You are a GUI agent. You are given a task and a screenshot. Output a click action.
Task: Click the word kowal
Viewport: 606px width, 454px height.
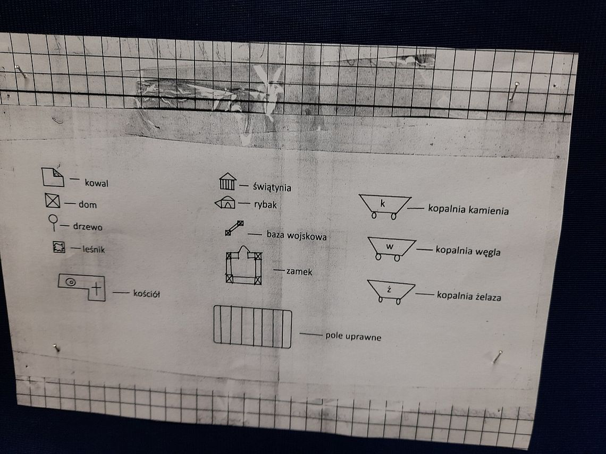97,183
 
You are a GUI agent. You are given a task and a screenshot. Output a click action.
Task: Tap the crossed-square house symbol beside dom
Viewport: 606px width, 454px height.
52,201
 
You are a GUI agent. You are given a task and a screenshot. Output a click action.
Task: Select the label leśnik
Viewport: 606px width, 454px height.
94,250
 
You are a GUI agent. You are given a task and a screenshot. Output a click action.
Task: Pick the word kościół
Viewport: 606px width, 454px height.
147,294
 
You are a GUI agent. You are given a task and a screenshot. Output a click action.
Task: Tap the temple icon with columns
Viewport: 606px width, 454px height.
228,182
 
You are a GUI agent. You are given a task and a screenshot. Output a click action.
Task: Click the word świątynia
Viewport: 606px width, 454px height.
272,187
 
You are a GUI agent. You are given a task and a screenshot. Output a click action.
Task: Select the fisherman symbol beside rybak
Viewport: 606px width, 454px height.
225,203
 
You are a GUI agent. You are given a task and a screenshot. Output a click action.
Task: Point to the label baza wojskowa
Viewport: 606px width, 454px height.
297,235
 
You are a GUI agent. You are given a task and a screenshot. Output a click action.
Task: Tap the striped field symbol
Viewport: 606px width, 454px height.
252,327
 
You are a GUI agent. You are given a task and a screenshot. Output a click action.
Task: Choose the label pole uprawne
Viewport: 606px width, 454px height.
353,336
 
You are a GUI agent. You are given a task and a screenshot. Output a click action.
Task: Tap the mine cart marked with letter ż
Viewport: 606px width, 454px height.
391,292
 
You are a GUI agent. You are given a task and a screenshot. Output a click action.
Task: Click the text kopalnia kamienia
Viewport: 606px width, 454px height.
468,210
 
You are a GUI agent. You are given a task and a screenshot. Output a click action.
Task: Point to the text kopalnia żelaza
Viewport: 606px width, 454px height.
469,296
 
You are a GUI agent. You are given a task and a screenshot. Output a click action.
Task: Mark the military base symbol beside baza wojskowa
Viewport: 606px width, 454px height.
234,228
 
